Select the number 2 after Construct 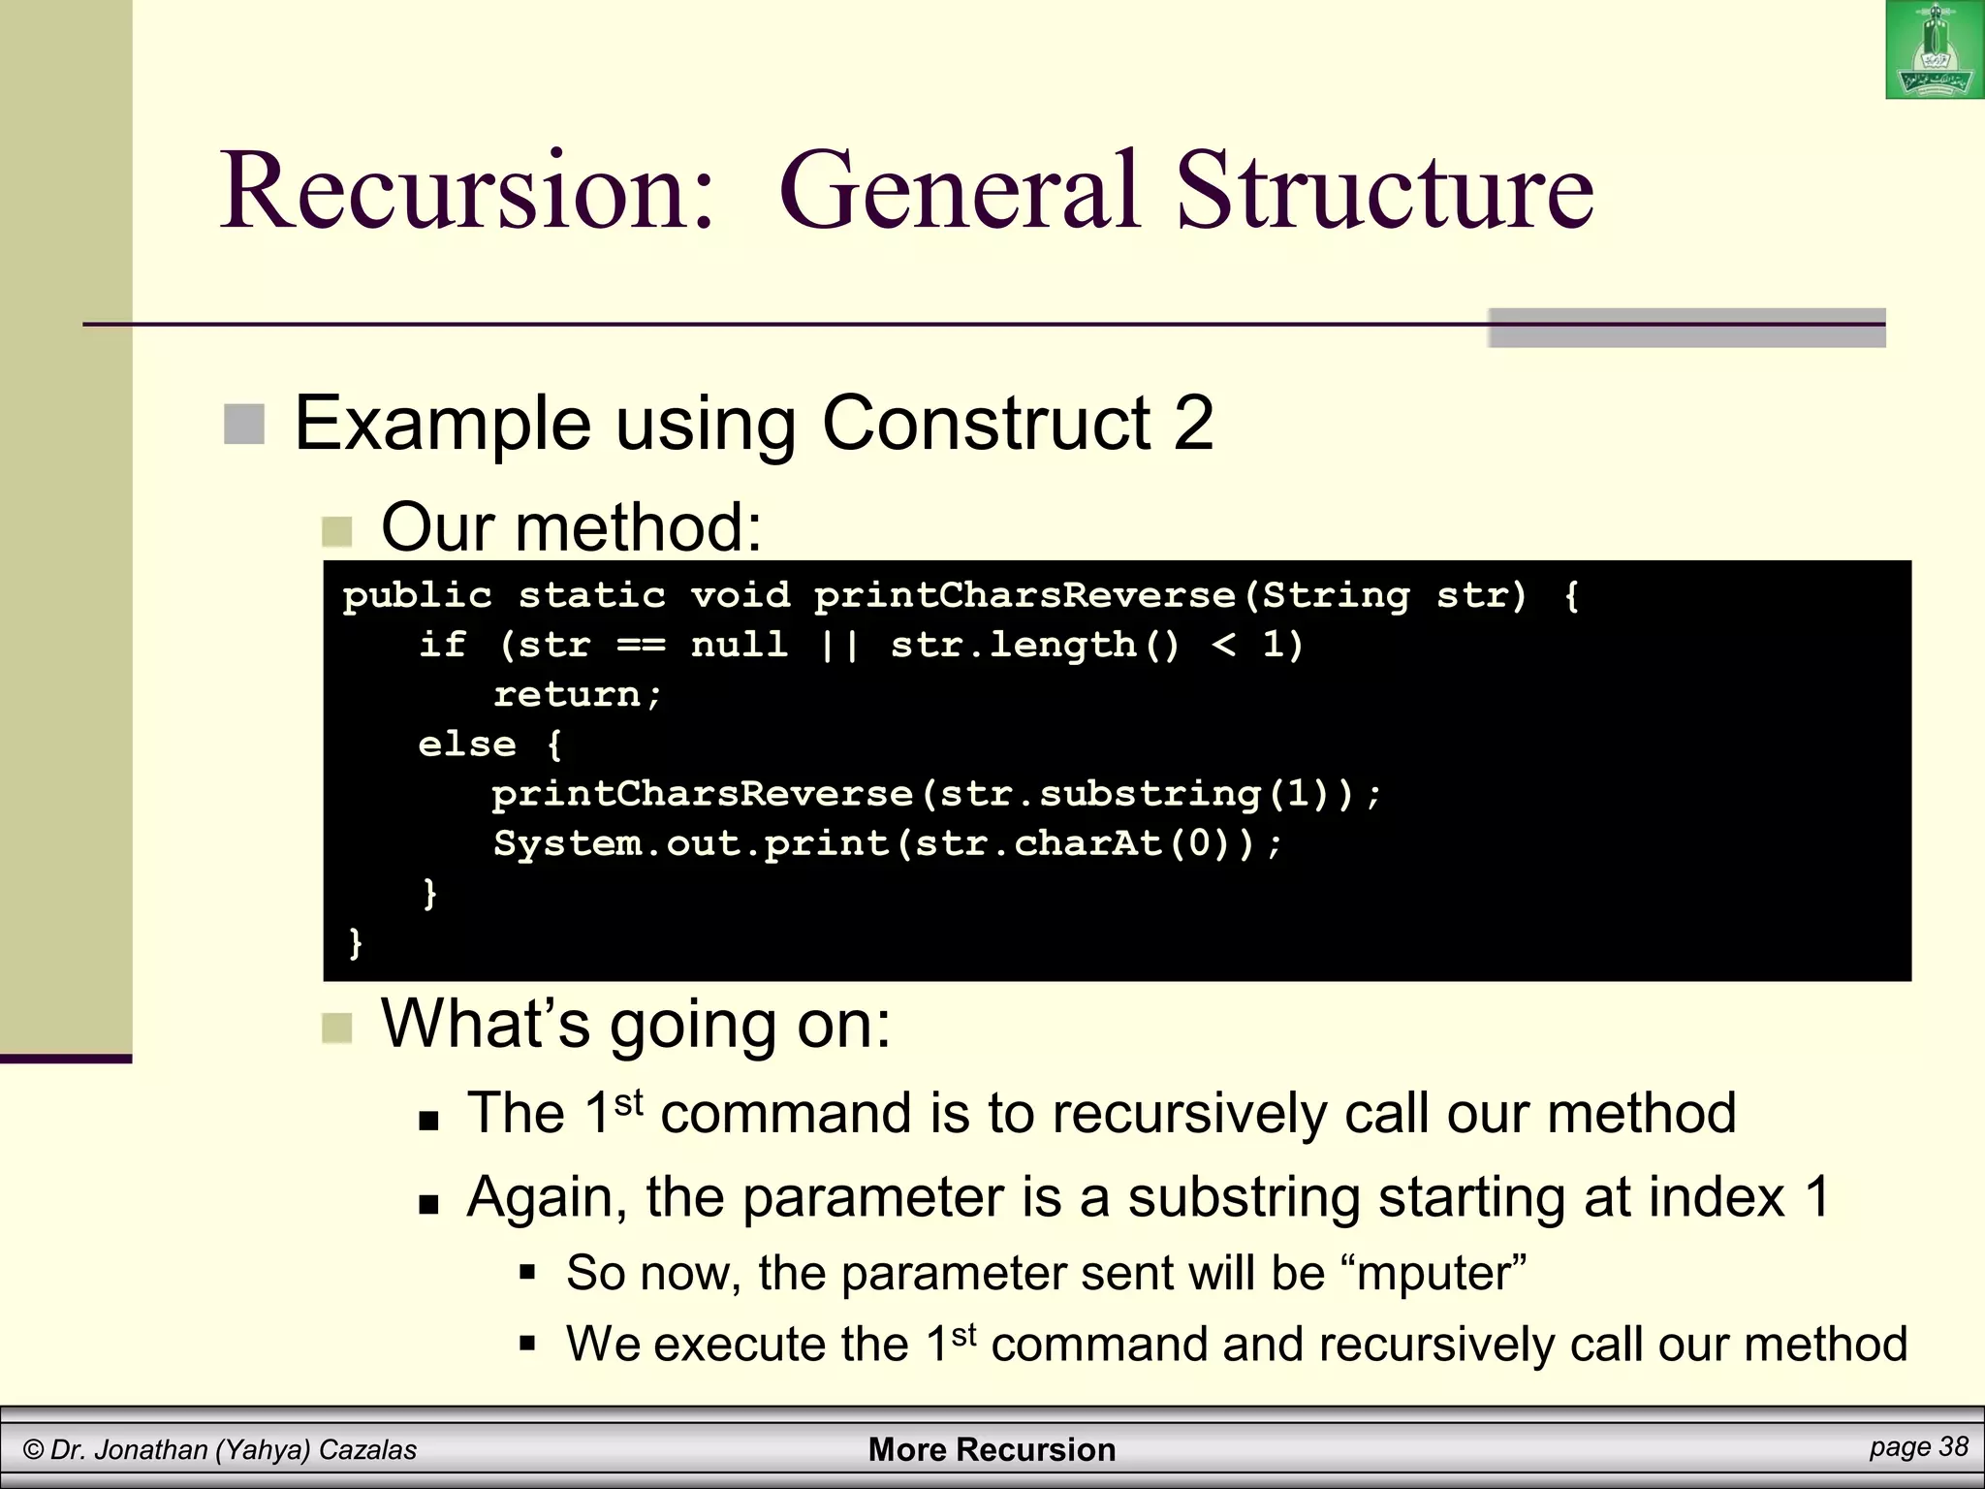point(1193,424)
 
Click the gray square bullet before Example point(244,425)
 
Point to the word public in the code point(417,595)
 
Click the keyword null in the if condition point(739,645)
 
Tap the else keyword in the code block point(467,744)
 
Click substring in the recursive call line point(1149,794)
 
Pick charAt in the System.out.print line point(1087,843)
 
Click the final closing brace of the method point(355,942)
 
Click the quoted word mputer point(1441,1273)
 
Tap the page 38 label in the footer point(1918,1447)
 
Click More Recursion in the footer point(992,1449)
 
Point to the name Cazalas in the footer point(367,1450)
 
